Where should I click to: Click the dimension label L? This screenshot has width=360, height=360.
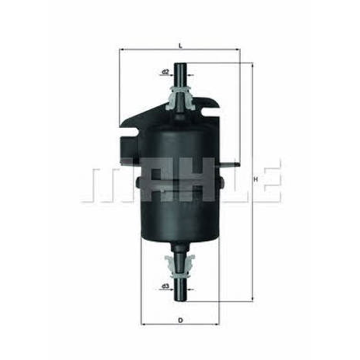pyautogui.click(x=180, y=46)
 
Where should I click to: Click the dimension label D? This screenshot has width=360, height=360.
pyautogui.click(x=181, y=320)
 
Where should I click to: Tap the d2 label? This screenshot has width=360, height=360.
pyautogui.click(x=165, y=72)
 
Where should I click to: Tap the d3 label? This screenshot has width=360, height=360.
pyautogui.click(x=165, y=286)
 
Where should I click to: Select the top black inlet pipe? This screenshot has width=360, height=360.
pyautogui.click(x=180, y=76)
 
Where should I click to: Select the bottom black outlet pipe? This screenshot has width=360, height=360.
pyautogui.click(x=180, y=289)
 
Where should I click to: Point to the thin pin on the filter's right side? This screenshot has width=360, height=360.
pyautogui.click(x=229, y=164)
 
